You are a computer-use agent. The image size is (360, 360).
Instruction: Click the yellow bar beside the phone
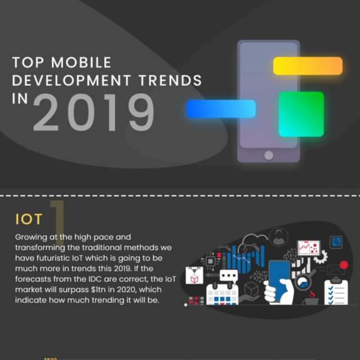[308, 65]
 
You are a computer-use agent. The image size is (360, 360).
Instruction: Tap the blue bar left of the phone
[220, 109]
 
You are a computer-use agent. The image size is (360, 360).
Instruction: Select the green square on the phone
[301, 114]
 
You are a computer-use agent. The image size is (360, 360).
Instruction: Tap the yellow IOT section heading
[29, 219]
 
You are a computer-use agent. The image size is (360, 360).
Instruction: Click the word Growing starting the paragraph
[31, 237]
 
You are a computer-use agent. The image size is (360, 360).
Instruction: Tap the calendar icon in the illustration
[222, 294]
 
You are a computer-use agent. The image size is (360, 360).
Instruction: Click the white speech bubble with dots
[229, 276]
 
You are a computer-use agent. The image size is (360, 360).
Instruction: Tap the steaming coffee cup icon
[310, 299]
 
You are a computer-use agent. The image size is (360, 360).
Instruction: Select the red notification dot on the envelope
[344, 265]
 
